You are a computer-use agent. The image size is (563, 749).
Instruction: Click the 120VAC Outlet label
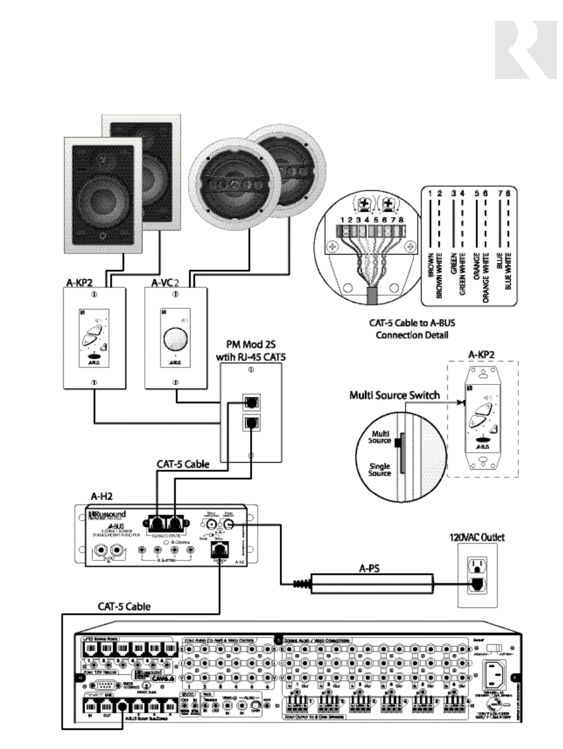click(x=477, y=537)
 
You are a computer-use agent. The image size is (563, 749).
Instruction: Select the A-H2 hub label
click(x=102, y=496)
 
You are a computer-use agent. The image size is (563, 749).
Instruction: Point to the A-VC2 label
click(x=168, y=283)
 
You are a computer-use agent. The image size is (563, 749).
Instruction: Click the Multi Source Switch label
click(x=394, y=396)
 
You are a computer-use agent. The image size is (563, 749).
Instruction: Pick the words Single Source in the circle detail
click(x=379, y=470)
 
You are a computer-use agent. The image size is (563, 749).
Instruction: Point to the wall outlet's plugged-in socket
click(x=476, y=585)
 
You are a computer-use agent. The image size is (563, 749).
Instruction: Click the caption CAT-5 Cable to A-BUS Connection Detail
click(x=412, y=330)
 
